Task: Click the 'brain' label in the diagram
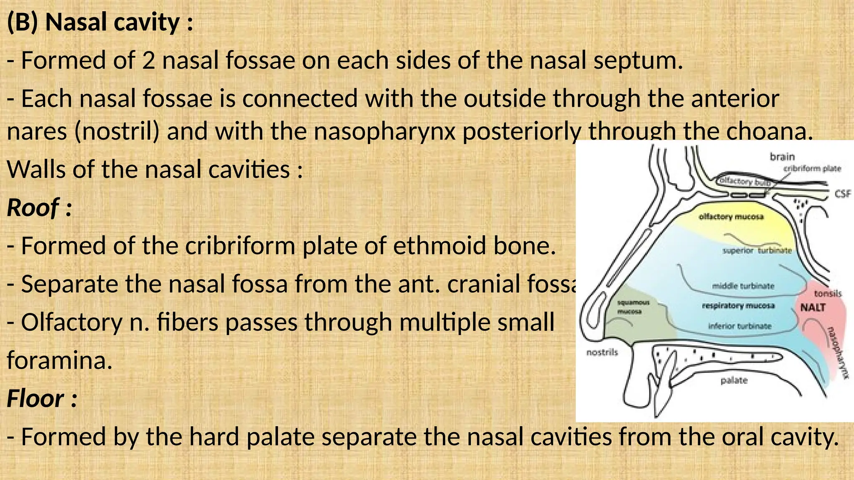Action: coord(782,157)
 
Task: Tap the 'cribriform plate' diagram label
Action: coord(812,168)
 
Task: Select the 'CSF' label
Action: coord(842,194)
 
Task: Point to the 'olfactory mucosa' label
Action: coord(731,217)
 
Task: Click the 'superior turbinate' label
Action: coord(757,250)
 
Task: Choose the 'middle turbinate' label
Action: coord(743,286)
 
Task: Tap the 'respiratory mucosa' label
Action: coord(738,306)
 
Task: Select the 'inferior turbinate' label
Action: coord(740,326)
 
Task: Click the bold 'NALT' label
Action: coord(813,308)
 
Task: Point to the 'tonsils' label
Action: coord(828,294)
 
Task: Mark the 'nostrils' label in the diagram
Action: coord(602,352)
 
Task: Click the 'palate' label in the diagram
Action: coord(734,380)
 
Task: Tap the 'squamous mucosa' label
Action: coord(633,307)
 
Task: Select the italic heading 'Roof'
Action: coord(33,207)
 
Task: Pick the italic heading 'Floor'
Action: coord(35,399)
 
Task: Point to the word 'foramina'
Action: coord(60,360)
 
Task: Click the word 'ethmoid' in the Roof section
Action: coord(440,246)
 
